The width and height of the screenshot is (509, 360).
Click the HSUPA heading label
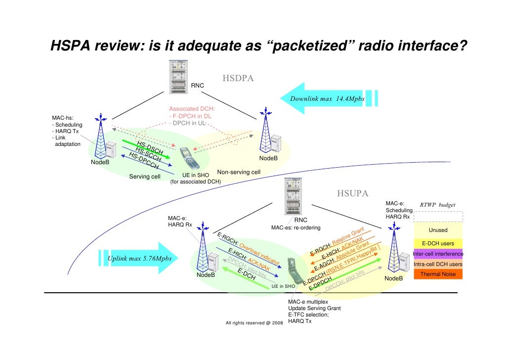[353, 193]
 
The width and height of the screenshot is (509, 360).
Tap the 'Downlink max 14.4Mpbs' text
[327, 98]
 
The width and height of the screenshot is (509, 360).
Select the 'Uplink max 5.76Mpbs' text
[140, 259]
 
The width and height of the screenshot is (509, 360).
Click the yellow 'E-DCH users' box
[438, 243]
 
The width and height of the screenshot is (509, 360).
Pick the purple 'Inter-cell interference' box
[438, 254]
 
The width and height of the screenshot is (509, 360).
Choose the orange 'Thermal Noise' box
[438, 274]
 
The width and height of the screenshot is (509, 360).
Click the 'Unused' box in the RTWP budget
[438, 230]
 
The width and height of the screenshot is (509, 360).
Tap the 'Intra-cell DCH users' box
[438, 264]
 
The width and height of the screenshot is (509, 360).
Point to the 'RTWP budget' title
[437, 205]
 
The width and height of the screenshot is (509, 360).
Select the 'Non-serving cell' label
[239, 172]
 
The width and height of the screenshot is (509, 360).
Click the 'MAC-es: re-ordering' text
[296, 228]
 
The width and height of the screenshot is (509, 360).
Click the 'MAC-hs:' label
[63, 118]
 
